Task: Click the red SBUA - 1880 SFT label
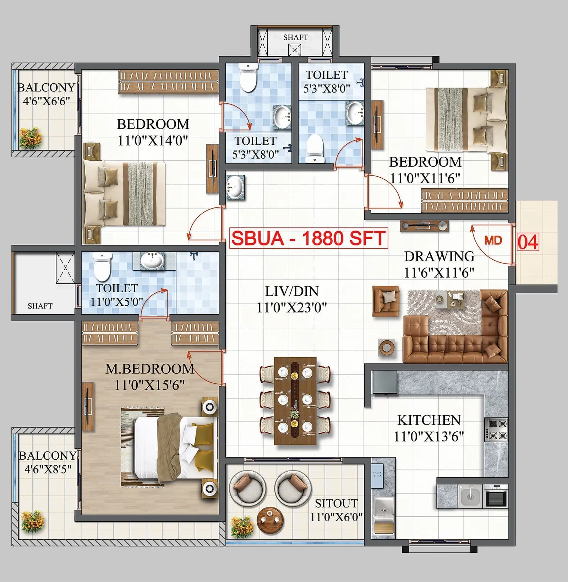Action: tap(308, 238)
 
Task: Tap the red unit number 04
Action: tap(528, 243)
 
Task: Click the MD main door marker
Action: tap(493, 240)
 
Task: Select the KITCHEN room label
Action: tap(429, 420)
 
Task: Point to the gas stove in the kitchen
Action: tap(497, 429)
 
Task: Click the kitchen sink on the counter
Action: tap(470, 495)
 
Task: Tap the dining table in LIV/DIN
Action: tap(295, 401)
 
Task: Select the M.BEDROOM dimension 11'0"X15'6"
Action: tap(149, 385)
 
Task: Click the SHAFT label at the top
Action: tap(295, 37)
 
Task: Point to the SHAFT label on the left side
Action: tap(40, 306)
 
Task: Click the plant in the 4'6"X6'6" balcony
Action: tap(31, 138)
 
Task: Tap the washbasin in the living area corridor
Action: tap(235, 188)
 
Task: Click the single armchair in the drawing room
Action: tap(386, 301)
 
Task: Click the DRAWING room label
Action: tap(439, 256)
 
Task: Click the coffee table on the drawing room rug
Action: tap(450, 298)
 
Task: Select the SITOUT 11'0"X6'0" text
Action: tap(336, 510)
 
